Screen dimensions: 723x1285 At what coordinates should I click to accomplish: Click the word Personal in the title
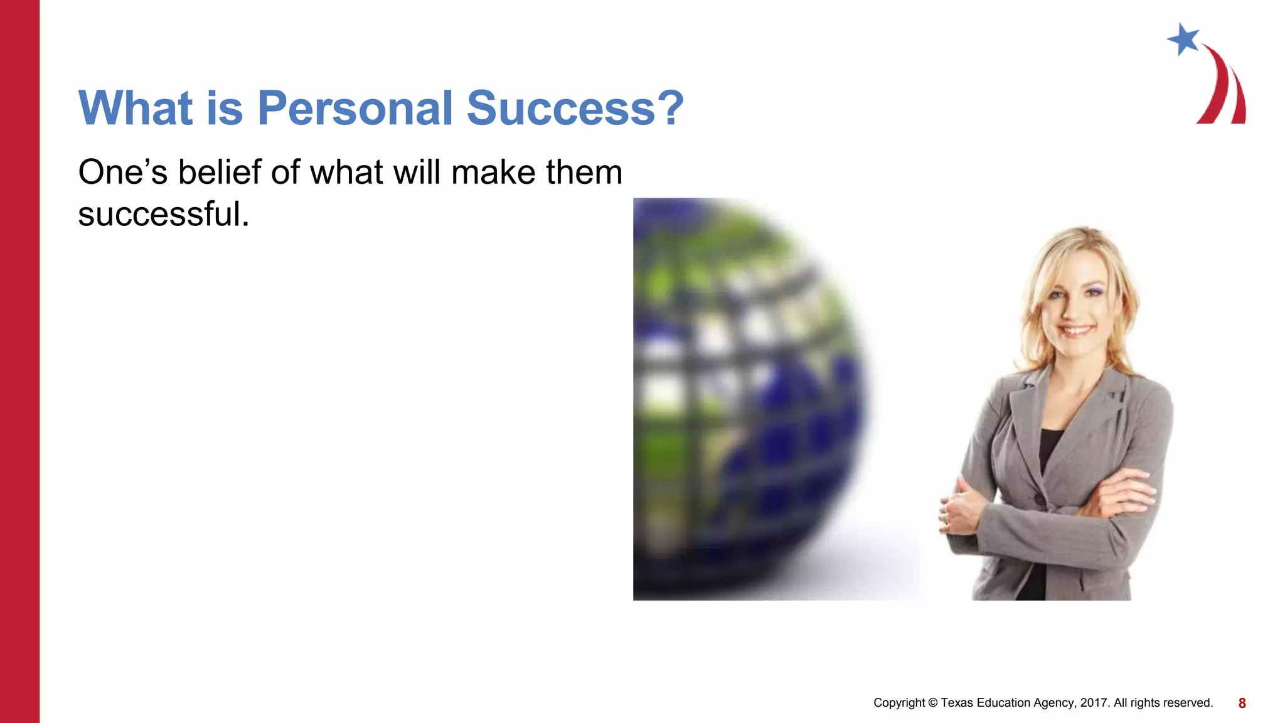tap(355, 109)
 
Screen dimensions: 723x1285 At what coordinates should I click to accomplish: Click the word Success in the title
tap(561, 109)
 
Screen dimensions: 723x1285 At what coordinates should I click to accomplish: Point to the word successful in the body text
tap(163, 215)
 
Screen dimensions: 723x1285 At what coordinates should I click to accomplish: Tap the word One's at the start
tap(122, 172)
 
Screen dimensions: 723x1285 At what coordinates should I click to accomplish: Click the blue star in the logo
tap(1183, 40)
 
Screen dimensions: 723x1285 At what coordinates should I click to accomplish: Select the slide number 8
tap(1242, 704)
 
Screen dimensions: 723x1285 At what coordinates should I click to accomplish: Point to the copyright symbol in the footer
tap(932, 703)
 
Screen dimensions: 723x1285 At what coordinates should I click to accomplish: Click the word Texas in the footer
tap(956, 703)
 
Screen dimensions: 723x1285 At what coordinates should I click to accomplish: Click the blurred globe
tap(747, 402)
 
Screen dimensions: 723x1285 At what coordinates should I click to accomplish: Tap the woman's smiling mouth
tap(1077, 330)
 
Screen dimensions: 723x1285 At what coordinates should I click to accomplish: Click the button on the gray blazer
tap(1040, 499)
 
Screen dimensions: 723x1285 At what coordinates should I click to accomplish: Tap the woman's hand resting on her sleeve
tap(957, 508)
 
